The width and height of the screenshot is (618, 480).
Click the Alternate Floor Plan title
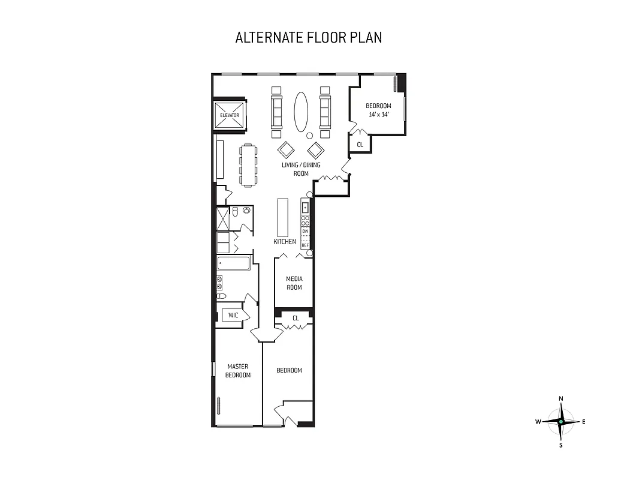click(x=309, y=37)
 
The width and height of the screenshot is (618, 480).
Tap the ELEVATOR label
click(x=230, y=115)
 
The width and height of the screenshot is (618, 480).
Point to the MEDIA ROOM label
click(x=294, y=283)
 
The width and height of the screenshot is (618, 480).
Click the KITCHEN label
click(x=285, y=241)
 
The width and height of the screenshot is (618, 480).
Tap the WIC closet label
click(x=233, y=315)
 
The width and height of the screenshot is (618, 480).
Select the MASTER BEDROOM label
click(x=237, y=370)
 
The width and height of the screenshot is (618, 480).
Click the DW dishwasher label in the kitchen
click(x=305, y=231)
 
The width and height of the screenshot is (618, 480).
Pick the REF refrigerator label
click(x=305, y=245)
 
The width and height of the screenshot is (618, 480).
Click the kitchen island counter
click(x=283, y=218)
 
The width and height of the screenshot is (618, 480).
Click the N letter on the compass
click(x=561, y=398)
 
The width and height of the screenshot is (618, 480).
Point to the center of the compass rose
click(x=561, y=422)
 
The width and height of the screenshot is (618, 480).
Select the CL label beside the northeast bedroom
click(x=360, y=145)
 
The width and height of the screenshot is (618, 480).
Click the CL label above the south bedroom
click(x=295, y=318)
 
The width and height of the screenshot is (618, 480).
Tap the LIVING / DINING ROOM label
click(x=301, y=169)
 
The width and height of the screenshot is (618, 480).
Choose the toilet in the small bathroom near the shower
click(x=236, y=212)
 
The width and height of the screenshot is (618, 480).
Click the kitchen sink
click(x=305, y=208)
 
